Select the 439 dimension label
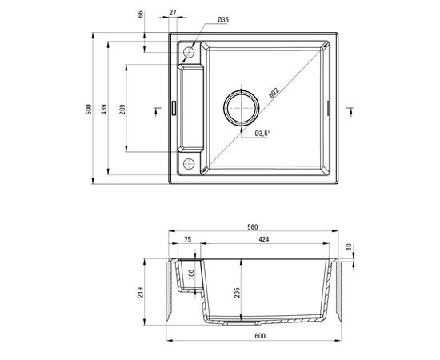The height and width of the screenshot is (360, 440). pyautogui.click(x=106, y=110)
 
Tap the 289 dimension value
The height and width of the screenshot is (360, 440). pyautogui.click(x=122, y=110)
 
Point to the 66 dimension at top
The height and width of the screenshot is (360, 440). pyautogui.click(x=141, y=14)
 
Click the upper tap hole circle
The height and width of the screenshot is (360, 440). pyautogui.click(x=190, y=54)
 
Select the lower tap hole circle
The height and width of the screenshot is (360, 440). pyautogui.click(x=190, y=163)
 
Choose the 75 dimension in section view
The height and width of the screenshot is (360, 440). pyautogui.click(x=186, y=238)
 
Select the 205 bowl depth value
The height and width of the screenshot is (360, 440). pyautogui.click(x=237, y=293)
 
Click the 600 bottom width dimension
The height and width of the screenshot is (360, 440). pyautogui.click(x=258, y=336)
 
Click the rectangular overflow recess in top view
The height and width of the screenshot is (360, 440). pyautogui.click(x=194, y=109)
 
